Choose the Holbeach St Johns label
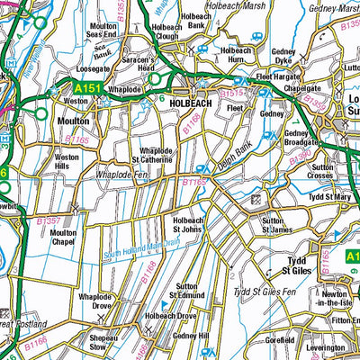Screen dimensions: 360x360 coord(189,224)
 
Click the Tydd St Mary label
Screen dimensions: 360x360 coord(328,195)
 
